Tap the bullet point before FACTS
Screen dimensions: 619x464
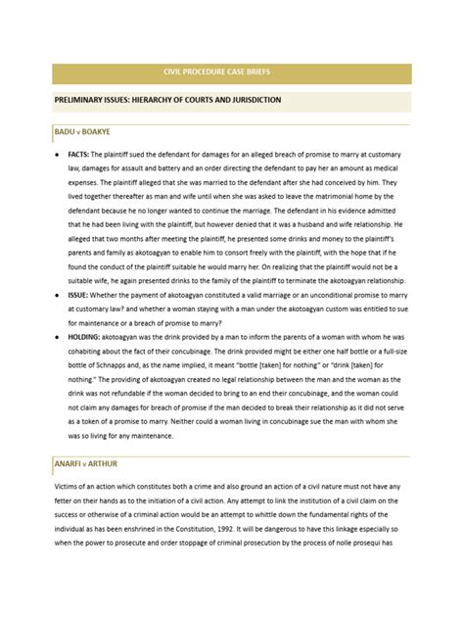click(x=59, y=156)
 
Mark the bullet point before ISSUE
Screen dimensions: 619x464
click(x=59, y=325)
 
